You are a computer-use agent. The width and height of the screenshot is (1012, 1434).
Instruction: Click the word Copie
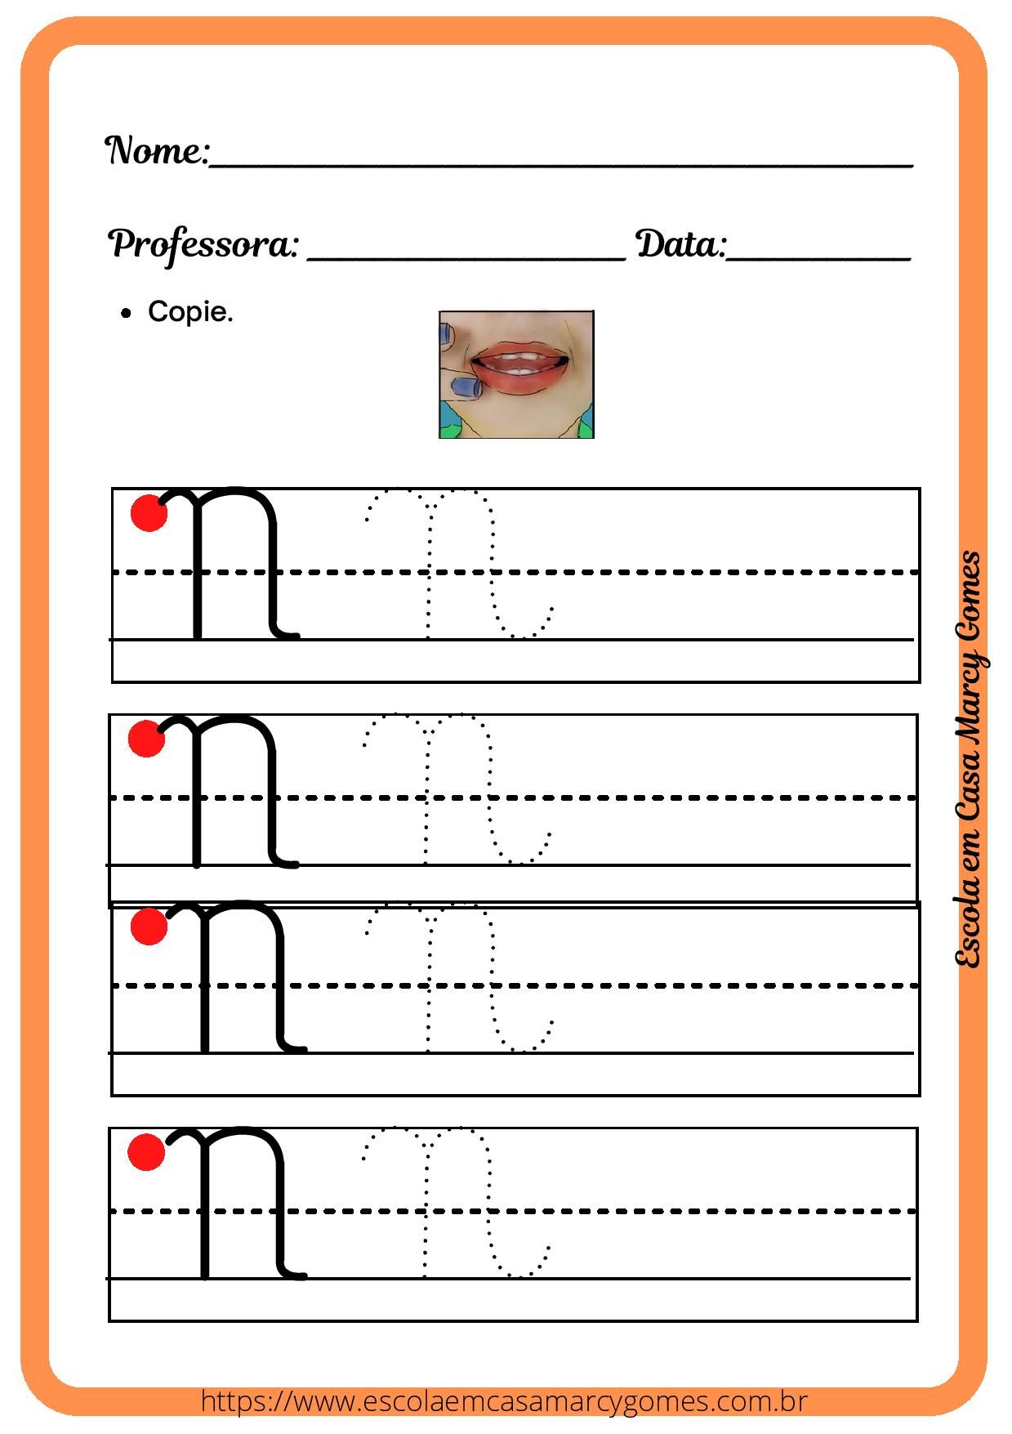click(x=190, y=311)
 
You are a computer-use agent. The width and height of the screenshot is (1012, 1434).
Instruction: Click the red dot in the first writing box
click(x=149, y=513)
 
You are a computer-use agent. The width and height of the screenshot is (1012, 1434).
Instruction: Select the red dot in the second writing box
click(x=147, y=738)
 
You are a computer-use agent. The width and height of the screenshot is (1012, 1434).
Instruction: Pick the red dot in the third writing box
click(x=149, y=927)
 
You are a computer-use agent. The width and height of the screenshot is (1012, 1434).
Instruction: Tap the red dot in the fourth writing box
click(x=147, y=1151)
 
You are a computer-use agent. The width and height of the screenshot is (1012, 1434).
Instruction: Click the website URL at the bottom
click(x=504, y=1402)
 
